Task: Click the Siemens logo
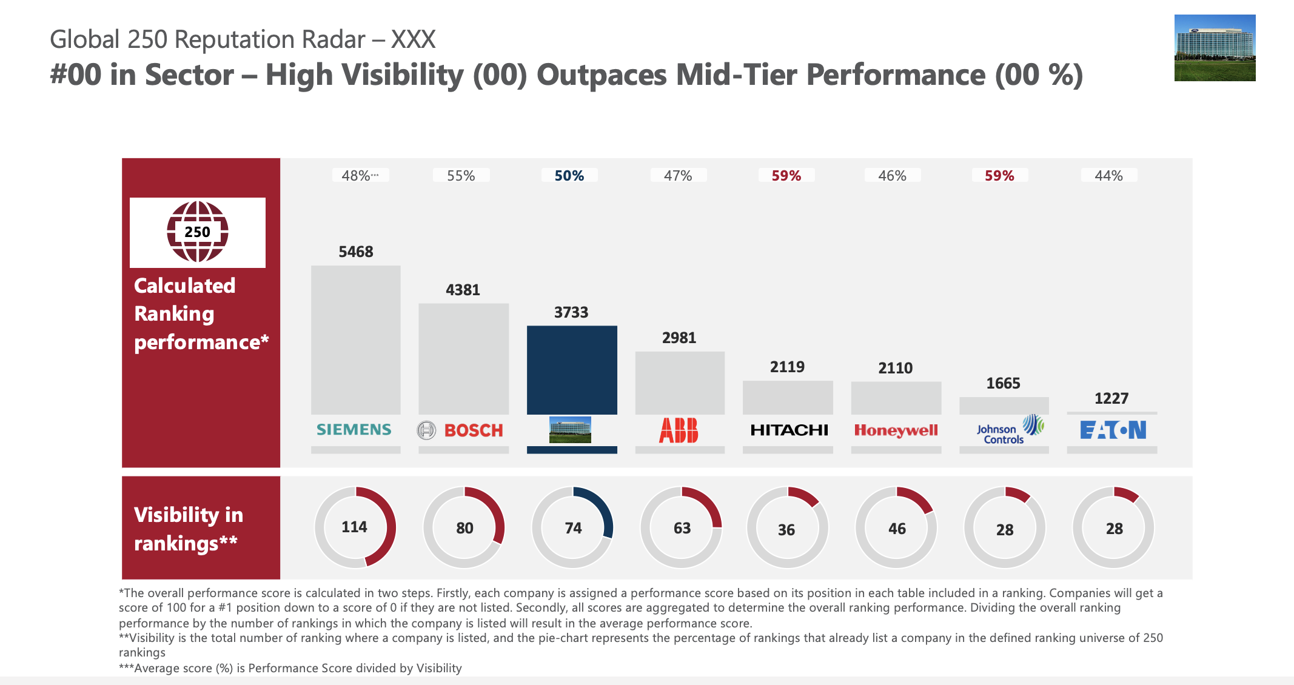click(x=354, y=430)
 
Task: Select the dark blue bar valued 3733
click(x=572, y=370)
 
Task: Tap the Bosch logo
click(x=461, y=430)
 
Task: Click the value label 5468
click(x=356, y=252)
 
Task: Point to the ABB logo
click(x=679, y=430)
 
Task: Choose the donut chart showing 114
click(x=355, y=527)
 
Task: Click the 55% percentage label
click(x=461, y=176)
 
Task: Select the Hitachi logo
click(x=789, y=430)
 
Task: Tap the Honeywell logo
click(x=896, y=430)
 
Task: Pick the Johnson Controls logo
click(x=1010, y=430)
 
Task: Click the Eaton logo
click(x=1113, y=430)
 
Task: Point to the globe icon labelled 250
click(x=198, y=232)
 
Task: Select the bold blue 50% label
click(x=569, y=176)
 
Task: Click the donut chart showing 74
click(x=572, y=527)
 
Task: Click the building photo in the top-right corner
click(x=1215, y=48)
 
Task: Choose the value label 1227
click(x=1111, y=398)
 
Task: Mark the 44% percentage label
click(x=1108, y=176)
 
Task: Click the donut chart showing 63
click(x=681, y=527)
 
